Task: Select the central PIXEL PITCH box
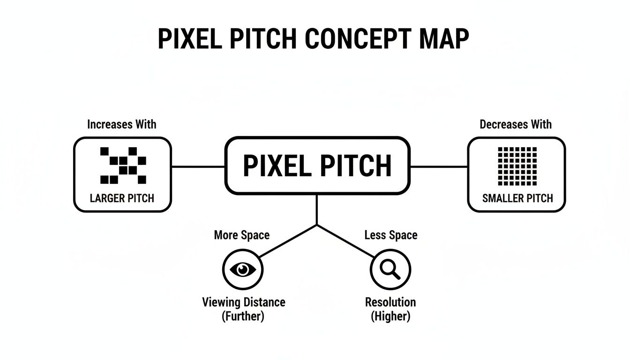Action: coord(317,165)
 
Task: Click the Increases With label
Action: coord(122,124)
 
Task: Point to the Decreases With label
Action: coord(516,124)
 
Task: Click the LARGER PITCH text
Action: coord(122,198)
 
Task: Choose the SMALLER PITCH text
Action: coord(517,198)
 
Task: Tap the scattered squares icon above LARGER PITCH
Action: coord(123,165)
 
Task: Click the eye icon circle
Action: coord(243,269)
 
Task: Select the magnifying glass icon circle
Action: coord(390,269)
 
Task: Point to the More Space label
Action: coord(242,235)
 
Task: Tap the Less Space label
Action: coord(391,235)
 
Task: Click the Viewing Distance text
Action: coord(243,302)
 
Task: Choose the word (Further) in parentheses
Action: coord(243,316)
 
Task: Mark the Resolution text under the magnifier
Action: coord(390,302)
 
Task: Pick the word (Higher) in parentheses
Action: coord(390,316)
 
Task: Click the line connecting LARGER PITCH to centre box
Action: coord(198,166)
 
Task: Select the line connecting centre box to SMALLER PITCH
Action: coord(439,166)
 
